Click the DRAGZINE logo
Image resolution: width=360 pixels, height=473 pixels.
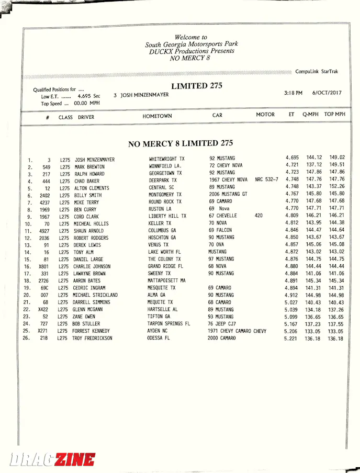[52, 459]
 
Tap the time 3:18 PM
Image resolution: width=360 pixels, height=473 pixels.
[293, 93]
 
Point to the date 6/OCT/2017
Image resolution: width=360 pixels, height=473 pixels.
[327, 93]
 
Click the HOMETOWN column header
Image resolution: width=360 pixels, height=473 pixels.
[157, 116]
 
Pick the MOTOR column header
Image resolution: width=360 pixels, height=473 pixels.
[265, 115]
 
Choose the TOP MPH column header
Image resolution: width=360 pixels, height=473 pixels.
[335, 114]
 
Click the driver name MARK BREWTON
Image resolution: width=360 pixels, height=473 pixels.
[89, 167]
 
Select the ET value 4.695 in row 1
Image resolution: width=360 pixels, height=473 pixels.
[292, 157]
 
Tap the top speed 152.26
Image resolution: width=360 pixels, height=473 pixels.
[336, 186]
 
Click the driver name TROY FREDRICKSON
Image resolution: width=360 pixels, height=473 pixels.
[92, 339]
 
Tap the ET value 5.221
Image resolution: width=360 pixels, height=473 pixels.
[291, 339]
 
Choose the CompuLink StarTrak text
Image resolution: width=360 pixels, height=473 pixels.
[317, 71]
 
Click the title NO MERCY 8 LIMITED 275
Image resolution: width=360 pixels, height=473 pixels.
[181, 143]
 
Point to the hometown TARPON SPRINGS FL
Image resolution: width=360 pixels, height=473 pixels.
[170, 323]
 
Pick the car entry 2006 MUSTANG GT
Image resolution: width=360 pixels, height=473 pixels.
[228, 194]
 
